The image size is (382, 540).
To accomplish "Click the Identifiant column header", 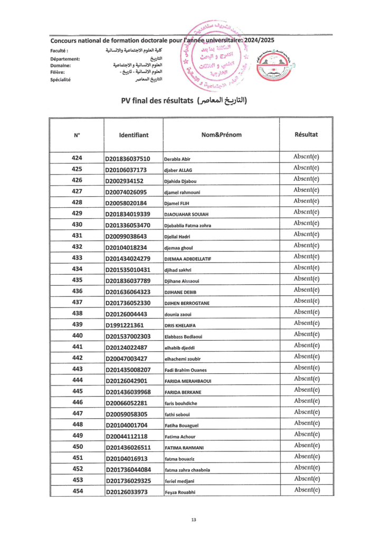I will (x=134, y=135).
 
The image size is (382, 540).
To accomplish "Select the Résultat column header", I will (x=306, y=134).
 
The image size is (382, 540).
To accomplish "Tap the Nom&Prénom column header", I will (x=222, y=134).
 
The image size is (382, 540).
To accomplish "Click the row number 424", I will (x=77, y=158).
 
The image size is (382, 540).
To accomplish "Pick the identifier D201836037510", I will (x=128, y=158).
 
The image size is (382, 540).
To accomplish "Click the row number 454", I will (x=77, y=491).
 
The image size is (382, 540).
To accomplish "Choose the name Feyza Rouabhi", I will (x=183, y=492).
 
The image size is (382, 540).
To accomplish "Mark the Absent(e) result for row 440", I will (x=306, y=334).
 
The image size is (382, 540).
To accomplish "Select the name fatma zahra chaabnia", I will (x=190, y=470).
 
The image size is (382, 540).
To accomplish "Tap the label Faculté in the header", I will (x=60, y=51).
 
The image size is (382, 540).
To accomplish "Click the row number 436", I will (x=77, y=291).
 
